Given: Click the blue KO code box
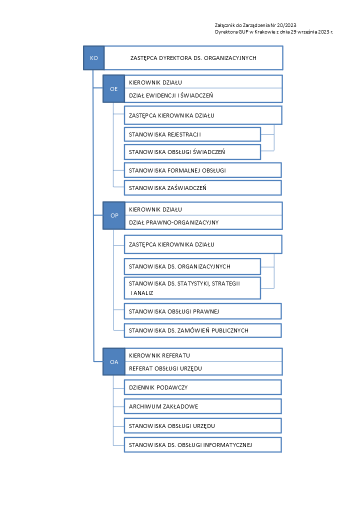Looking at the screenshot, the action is pyautogui.click(x=94, y=58).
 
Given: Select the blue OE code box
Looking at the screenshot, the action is pyautogui.click(x=114, y=89).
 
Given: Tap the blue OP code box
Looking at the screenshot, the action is pyautogui.click(x=114, y=215).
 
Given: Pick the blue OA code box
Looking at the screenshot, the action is pyautogui.click(x=114, y=361).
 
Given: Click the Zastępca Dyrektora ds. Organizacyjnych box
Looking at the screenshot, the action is pyautogui.click(x=193, y=58).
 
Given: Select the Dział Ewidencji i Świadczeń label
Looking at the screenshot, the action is pyautogui.click(x=170, y=95).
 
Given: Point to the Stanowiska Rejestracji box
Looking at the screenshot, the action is pyautogui.click(x=192, y=134).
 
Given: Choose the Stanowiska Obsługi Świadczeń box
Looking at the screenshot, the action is pyautogui.click(x=192, y=152).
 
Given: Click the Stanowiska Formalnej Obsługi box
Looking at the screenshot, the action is pyautogui.click(x=203, y=170).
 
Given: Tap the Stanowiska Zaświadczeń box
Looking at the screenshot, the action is pyautogui.click(x=203, y=188).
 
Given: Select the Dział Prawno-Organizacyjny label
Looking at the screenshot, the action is pyautogui.click(x=173, y=222).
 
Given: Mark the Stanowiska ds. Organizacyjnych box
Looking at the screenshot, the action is pyautogui.click(x=192, y=266).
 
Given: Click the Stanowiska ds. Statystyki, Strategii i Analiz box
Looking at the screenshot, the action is pyautogui.click(x=192, y=288).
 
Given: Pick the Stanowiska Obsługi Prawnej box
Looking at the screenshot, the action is pyautogui.click(x=203, y=311).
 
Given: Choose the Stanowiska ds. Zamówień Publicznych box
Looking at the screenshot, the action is pyautogui.click(x=203, y=330).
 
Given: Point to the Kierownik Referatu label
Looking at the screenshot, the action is pyautogui.click(x=159, y=355).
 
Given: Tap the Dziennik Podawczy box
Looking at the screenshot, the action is pyautogui.click(x=203, y=387).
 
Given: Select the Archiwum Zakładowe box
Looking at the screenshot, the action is pyautogui.click(x=203, y=406).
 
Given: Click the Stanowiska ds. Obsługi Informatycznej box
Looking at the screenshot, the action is pyautogui.click(x=203, y=444).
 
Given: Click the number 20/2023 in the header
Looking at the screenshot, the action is pyautogui.click(x=286, y=25).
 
